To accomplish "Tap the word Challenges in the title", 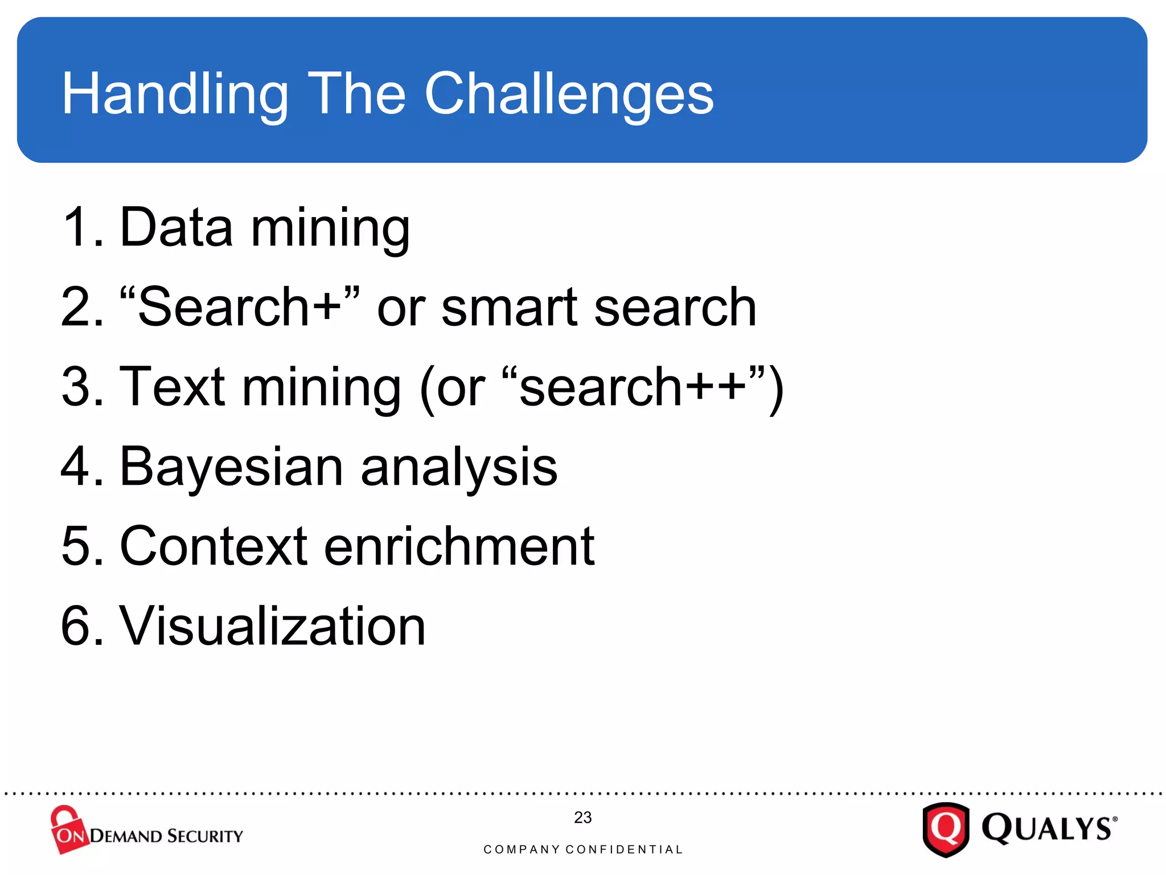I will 569,94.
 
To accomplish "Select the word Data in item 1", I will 176,227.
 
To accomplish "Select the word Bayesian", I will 231,467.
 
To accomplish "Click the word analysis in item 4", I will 459,467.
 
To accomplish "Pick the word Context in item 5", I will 214,546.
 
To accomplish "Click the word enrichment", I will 459,546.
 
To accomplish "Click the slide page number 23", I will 582,817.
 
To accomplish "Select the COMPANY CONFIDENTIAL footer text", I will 582,849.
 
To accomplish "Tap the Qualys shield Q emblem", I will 946,829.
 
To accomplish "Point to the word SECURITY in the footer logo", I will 205,836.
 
